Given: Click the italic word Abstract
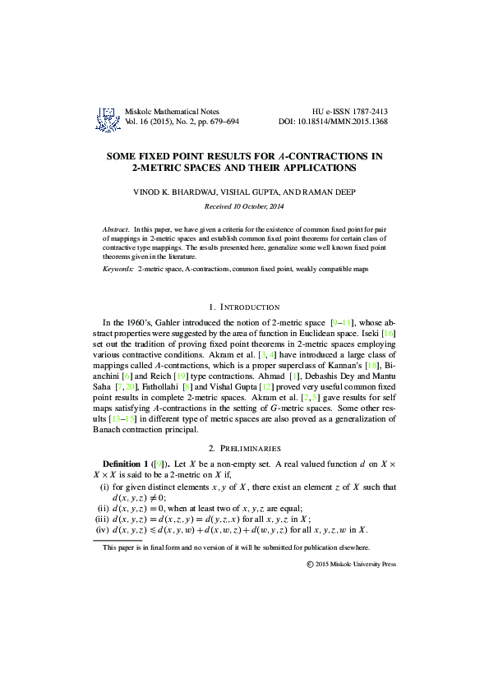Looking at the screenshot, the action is pos(117,228).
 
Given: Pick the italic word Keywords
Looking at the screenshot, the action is pos(118,269).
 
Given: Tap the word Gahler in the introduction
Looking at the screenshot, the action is pos(179,324).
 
